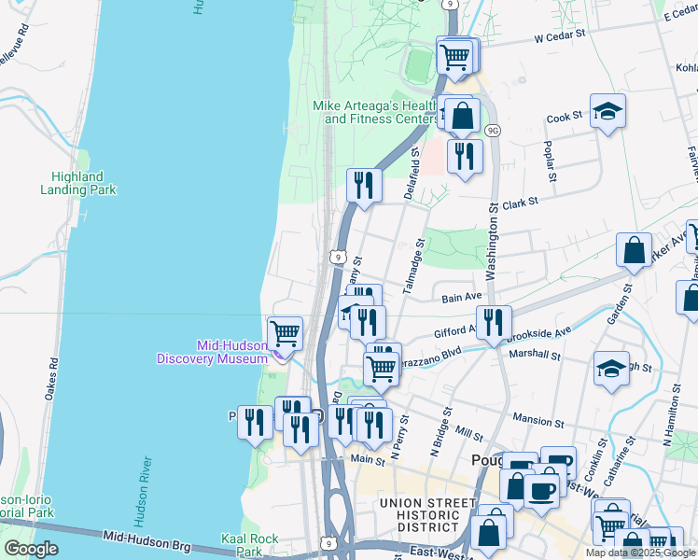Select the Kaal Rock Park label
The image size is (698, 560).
pyautogui.click(x=249, y=545)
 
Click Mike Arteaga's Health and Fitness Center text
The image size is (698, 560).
pyautogui.click(x=373, y=113)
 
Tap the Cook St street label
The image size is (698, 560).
pyautogui.click(x=564, y=117)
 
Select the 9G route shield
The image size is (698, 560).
pyautogui.click(x=493, y=131)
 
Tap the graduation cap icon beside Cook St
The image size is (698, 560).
pyautogui.click(x=607, y=112)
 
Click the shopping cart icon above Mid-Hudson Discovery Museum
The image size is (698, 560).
pyautogui.click(x=285, y=332)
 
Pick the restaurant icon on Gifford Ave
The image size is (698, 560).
pyautogui.click(x=494, y=323)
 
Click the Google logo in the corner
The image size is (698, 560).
pyautogui.click(x=31, y=549)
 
